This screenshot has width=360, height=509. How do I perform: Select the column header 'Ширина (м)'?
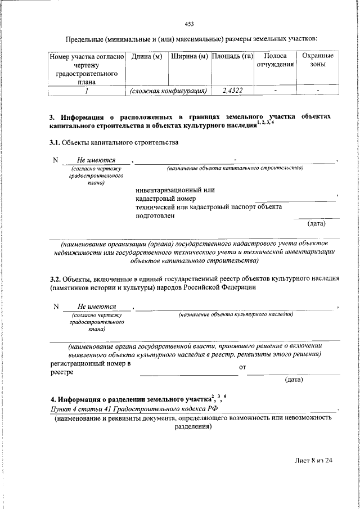[x=189, y=56]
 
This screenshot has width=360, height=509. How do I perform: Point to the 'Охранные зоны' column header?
[x=318, y=60]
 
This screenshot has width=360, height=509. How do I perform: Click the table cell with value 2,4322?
[x=232, y=90]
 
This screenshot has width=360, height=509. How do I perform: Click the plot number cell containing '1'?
[x=87, y=90]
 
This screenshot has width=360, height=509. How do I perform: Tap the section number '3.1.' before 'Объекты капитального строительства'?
[x=55, y=142]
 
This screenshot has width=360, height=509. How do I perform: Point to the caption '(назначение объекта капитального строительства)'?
[x=235, y=168]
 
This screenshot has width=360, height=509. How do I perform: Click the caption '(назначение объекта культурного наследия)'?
[x=236, y=315]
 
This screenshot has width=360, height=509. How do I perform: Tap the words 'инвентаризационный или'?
[x=175, y=190]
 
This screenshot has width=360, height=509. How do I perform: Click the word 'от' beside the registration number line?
[x=242, y=368]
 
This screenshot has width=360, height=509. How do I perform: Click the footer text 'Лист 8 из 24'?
[x=314, y=460]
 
